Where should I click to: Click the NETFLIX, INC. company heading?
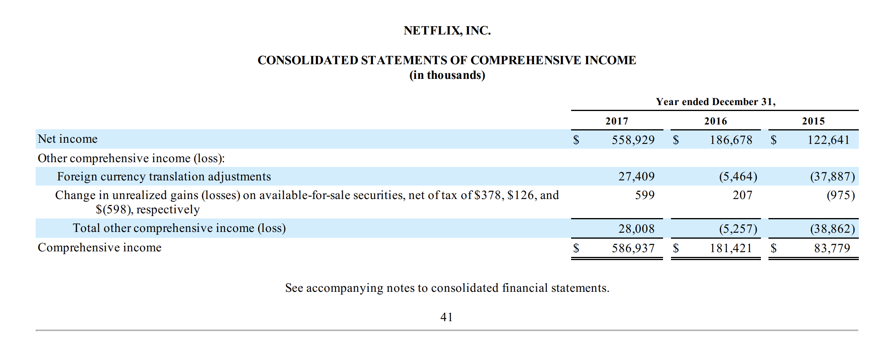pos(447,31)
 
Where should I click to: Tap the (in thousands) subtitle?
pos(447,75)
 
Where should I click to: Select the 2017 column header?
pos(617,121)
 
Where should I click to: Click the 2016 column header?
pos(715,121)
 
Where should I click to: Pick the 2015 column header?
pos(813,121)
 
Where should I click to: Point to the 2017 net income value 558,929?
pos(633,140)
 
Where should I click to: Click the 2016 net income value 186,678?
pos(731,140)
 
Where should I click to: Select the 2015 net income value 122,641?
pos(828,140)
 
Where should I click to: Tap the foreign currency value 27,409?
pos(636,176)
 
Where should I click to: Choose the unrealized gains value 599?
pos(645,195)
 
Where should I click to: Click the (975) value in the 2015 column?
pos(841,195)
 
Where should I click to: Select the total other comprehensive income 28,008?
pos(636,229)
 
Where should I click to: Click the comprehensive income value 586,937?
pos(633,248)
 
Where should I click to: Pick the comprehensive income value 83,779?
pos(832,248)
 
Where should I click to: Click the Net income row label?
pos(68,139)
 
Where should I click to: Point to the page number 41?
pos(447,317)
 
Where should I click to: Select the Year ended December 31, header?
pos(715,102)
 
